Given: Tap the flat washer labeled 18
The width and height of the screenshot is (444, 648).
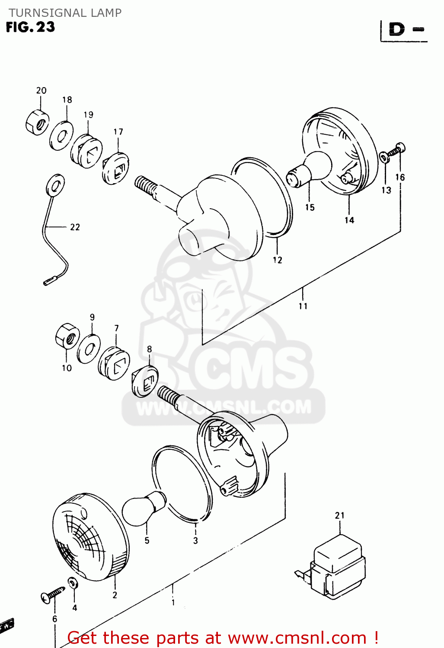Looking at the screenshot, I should [x=61, y=136].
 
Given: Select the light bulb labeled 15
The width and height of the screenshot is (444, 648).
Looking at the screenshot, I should [x=308, y=169].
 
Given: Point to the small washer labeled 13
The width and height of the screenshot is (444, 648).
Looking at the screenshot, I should [x=384, y=157].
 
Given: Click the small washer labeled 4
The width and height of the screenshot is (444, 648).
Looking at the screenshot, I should [x=73, y=583].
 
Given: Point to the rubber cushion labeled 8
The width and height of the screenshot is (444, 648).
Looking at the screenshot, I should [x=145, y=381].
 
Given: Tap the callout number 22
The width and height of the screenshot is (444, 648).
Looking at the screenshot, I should [x=75, y=227].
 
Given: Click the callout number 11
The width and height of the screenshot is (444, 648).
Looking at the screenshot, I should [x=303, y=306].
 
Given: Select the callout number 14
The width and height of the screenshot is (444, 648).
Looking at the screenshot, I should [x=349, y=220].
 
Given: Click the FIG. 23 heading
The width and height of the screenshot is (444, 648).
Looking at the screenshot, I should [x=31, y=27].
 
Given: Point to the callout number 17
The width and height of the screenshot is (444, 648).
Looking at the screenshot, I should [x=118, y=132].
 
